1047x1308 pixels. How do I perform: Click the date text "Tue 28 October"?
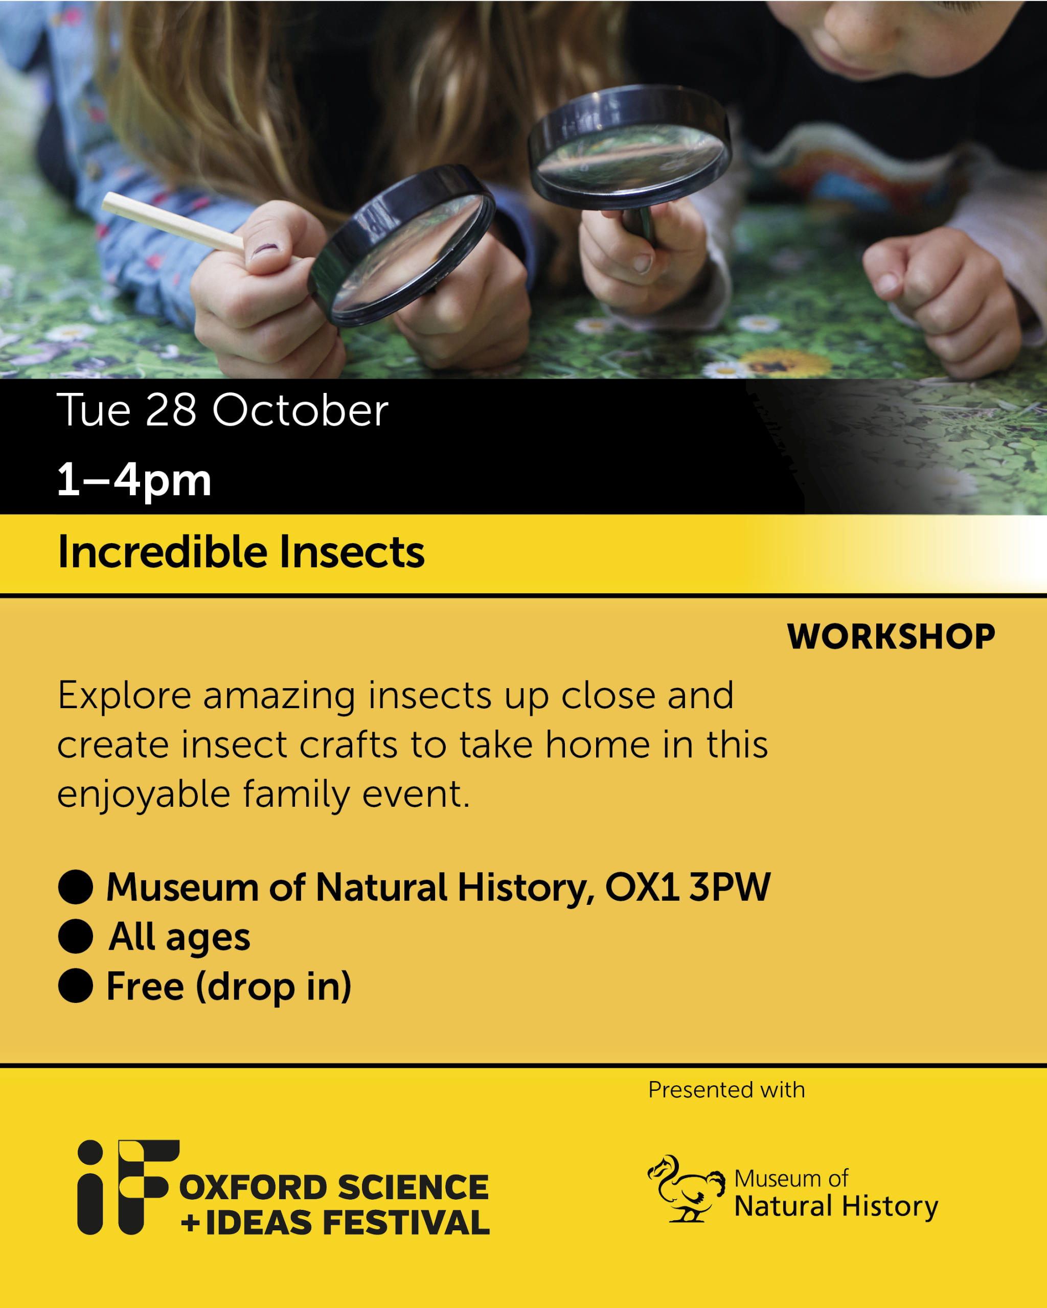[222, 410]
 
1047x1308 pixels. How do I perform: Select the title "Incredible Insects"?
[241, 553]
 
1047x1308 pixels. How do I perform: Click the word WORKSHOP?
[891, 637]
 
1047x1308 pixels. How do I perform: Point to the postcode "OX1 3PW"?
[688, 887]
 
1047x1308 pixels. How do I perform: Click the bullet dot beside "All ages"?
[75, 936]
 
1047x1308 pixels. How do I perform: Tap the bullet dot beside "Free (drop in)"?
[75, 985]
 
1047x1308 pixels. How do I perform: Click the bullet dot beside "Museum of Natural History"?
[75, 887]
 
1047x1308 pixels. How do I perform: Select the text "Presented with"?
[726, 1090]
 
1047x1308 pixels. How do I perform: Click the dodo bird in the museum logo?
[686, 1188]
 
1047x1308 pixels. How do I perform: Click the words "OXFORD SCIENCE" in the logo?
[334, 1187]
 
